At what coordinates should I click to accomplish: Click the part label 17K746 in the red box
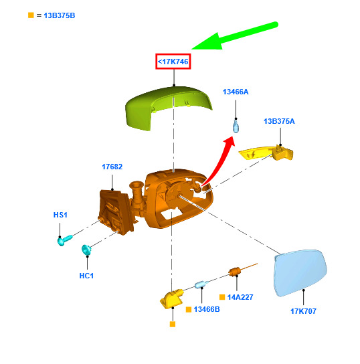(173, 62)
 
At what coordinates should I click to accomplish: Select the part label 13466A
(236, 92)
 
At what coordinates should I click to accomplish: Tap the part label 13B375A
(279, 121)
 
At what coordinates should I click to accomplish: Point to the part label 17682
(112, 167)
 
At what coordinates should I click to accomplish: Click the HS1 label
(60, 215)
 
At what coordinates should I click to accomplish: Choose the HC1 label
(86, 276)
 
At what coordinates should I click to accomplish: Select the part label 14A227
(240, 297)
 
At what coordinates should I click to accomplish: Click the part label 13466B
(207, 309)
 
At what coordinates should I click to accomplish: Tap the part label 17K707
(303, 311)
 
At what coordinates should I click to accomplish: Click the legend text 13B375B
(60, 15)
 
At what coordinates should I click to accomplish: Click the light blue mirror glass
(300, 273)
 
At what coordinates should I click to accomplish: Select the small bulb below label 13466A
(236, 126)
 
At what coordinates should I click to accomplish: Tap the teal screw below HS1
(64, 240)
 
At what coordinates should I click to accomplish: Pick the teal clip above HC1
(86, 250)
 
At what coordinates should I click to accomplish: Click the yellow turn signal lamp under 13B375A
(267, 153)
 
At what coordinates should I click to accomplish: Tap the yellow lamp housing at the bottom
(171, 299)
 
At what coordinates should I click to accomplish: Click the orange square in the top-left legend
(31, 15)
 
